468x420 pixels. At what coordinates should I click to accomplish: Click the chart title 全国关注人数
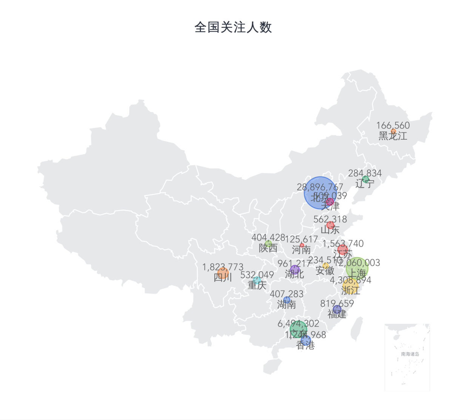233,27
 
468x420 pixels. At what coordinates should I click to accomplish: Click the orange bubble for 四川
223,273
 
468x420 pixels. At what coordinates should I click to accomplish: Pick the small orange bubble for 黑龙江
393,131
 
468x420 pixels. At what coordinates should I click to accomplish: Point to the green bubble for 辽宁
365,179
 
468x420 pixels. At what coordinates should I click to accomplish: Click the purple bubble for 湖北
295,269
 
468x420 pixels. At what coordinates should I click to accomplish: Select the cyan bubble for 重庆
257,280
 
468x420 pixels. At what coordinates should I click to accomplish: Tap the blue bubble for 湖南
287,300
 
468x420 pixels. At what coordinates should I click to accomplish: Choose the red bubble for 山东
330,225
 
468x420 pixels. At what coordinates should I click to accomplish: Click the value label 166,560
393,125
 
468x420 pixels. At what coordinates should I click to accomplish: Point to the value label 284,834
365,173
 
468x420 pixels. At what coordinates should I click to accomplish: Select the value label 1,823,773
223,267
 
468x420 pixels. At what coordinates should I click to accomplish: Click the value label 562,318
330,219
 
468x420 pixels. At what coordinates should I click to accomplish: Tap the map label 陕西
268,248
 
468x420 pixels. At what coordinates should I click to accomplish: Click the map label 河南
301,249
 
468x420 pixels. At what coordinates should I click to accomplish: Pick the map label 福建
337,314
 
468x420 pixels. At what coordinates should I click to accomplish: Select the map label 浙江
351,290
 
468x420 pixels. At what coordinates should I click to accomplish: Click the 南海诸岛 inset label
410,354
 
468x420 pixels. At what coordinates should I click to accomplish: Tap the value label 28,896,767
320,187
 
